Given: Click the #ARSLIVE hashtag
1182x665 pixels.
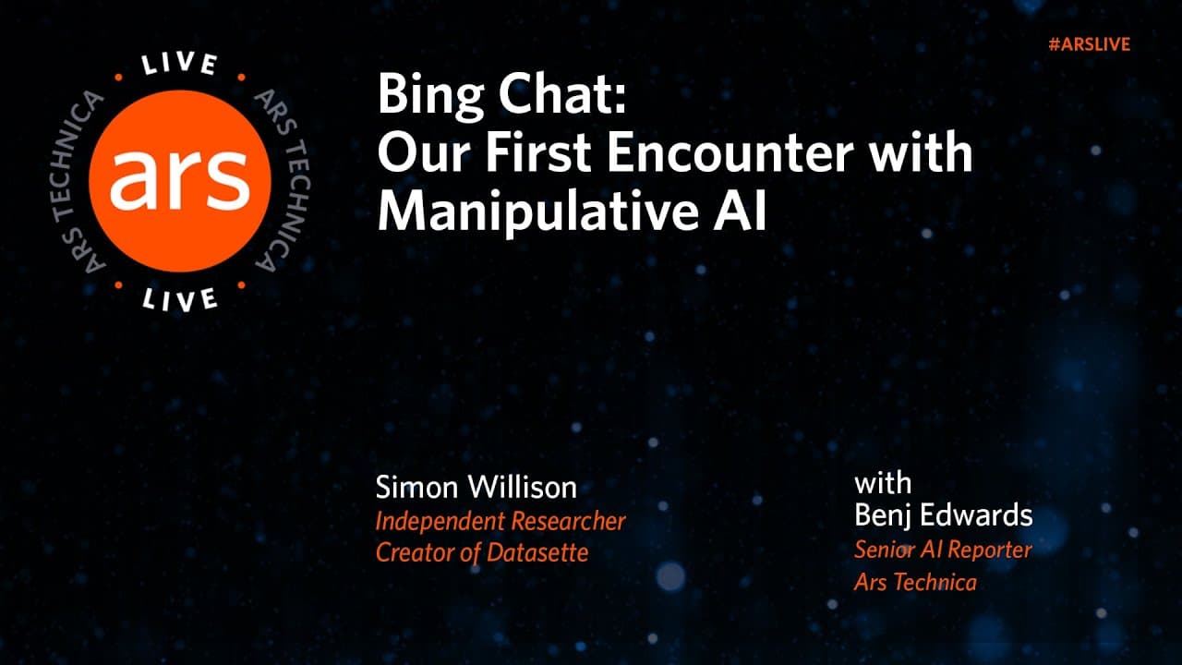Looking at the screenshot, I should tap(1090, 44).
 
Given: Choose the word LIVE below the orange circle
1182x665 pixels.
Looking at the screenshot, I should tap(180, 297).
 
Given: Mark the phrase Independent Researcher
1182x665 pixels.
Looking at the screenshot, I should tap(501, 521).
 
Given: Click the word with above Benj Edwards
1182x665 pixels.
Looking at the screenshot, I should tap(883, 483).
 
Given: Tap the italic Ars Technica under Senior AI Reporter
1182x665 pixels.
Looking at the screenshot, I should tap(915, 583).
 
